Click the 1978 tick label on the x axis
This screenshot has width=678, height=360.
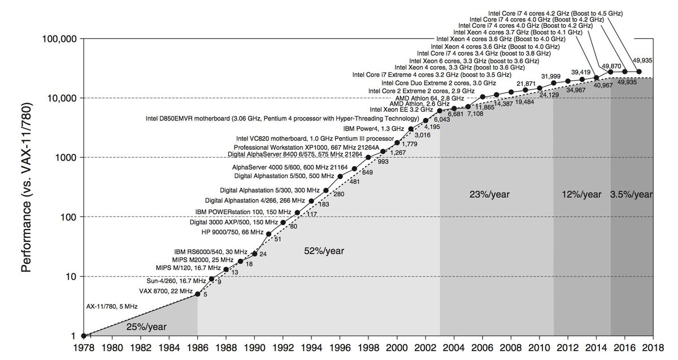[x=84, y=349]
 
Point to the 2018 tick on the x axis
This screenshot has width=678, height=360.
[x=653, y=349]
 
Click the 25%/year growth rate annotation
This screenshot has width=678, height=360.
[x=146, y=327]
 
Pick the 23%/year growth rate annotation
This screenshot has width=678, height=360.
[x=489, y=194]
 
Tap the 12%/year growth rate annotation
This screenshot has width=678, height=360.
[x=581, y=194]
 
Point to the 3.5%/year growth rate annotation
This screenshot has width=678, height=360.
[x=631, y=194]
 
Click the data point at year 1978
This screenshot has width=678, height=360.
[x=84, y=336]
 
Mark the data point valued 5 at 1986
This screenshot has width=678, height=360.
[x=197, y=294]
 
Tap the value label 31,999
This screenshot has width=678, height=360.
[x=551, y=76]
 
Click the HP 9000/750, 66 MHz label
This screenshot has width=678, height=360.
[x=232, y=232]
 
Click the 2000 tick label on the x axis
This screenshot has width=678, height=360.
[x=397, y=349]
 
